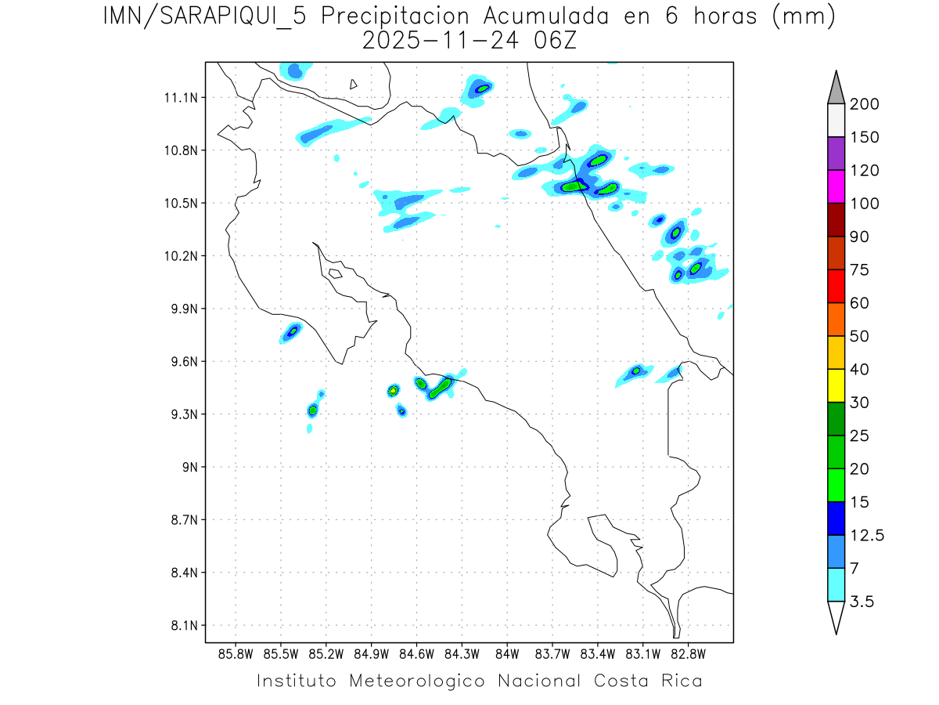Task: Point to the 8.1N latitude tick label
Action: coord(182,626)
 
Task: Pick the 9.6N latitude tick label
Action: coord(182,362)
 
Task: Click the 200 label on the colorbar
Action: coord(865,104)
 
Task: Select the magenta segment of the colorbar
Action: coord(836,186)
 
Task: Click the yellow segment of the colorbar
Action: coord(836,385)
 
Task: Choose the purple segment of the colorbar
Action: coord(836,154)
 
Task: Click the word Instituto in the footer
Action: coord(297,681)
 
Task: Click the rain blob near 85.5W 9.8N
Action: coord(291,332)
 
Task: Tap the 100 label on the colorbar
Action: coord(865,204)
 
